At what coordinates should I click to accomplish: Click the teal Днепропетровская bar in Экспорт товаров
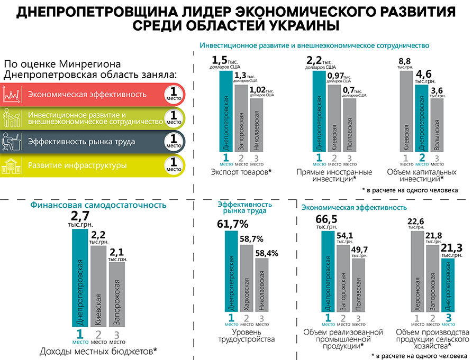click(x=226, y=111)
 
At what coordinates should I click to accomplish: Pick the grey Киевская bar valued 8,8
click(x=406, y=111)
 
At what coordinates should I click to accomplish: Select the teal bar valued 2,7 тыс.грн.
click(x=80, y=279)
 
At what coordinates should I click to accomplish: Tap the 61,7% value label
click(x=232, y=224)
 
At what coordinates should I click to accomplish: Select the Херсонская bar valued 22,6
click(x=417, y=272)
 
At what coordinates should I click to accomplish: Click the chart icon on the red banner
click(x=13, y=95)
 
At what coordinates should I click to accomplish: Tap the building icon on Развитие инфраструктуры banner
click(x=13, y=166)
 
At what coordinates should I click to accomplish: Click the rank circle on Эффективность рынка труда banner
click(x=174, y=142)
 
